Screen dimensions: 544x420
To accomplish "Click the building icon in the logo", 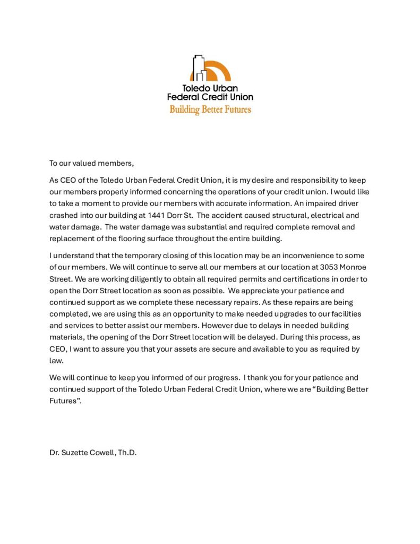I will (197, 68).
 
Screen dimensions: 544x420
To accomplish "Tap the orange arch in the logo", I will (219, 70).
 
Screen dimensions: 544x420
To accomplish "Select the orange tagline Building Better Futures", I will (210, 109).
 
